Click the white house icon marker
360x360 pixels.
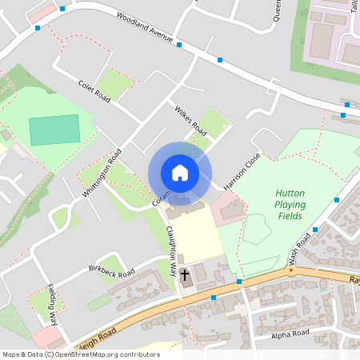(180, 173)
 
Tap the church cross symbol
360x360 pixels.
(185, 275)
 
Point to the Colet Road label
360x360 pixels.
(94, 89)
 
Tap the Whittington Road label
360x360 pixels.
(102, 172)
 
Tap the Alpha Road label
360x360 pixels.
(290, 333)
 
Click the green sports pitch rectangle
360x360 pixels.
(54, 130)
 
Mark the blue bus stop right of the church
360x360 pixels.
(238, 282)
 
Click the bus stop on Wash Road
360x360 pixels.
(315, 229)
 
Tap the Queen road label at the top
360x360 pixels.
(277, 12)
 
